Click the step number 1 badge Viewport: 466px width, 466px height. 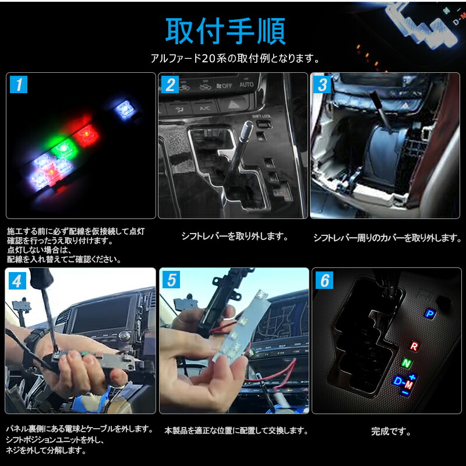pyautogui.click(x=19, y=85)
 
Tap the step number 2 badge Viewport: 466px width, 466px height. pyautogui.click(x=171, y=85)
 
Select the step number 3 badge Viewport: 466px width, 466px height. pyautogui.click(x=323, y=85)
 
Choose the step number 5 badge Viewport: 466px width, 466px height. pyautogui.click(x=171, y=281)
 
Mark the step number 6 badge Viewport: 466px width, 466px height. pyautogui.click(x=324, y=281)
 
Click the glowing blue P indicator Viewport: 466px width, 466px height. pyautogui.click(x=430, y=313)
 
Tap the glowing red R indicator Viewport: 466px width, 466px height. pyautogui.click(x=414, y=346)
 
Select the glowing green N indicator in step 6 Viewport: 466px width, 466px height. pyautogui.click(x=406, y=363)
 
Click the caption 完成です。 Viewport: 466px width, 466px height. pyautogui.click(x=390, y=432)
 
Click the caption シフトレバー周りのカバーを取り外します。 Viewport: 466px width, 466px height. pyautogui.click(x=387, y=238)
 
